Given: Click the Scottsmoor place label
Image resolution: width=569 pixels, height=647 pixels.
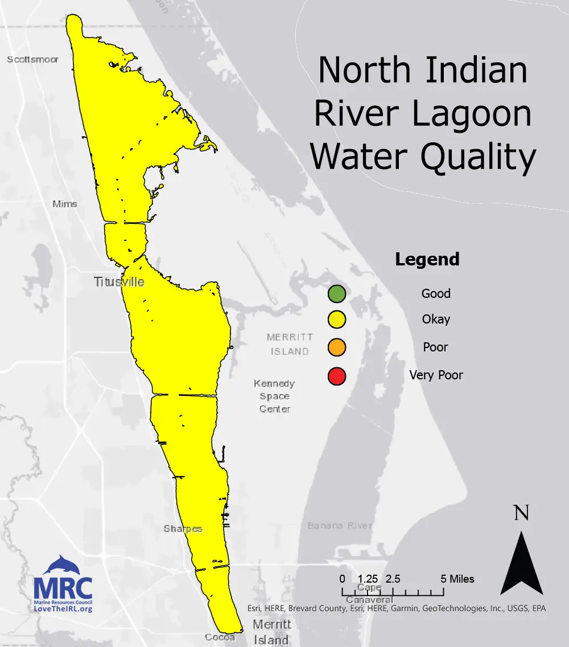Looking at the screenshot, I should pos(32,59).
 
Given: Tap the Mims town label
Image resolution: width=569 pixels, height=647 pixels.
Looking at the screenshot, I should pos(64,204).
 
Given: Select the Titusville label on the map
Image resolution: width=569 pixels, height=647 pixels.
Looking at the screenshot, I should pos(119,282).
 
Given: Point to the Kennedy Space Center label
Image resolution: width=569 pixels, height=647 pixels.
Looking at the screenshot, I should pos(275,396).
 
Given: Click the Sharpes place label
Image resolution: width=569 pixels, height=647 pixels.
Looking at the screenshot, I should pos(183,529).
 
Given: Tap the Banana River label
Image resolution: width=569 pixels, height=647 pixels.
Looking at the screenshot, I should pos(340,525).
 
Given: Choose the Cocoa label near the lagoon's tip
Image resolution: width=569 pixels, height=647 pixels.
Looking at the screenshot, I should pos(220,637).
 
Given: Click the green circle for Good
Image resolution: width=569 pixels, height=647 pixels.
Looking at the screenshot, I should pos(336,294).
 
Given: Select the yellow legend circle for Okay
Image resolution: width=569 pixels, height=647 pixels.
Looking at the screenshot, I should pos(336,320).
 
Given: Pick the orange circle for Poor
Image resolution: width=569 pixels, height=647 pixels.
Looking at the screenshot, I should pos(336,347).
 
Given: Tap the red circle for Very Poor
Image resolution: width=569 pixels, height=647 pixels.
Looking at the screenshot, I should pos(336,375).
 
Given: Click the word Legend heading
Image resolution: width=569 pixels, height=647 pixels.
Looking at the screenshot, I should pos(427,260).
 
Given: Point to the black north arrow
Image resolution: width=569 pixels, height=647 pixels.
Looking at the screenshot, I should pos(521,564).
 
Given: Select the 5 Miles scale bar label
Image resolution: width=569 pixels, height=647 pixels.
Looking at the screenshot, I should pos(457,579).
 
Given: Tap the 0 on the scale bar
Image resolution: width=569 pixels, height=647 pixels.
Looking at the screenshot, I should pos(342,579).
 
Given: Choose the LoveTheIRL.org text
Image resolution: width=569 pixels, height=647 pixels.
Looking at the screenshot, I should pos(63,609).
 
